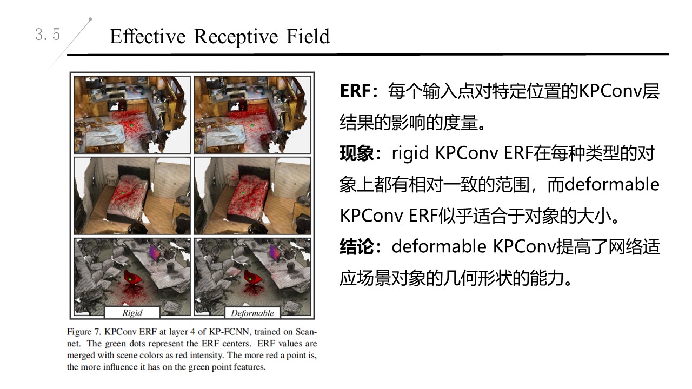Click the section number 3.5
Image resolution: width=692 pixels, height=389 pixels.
coord(48,35)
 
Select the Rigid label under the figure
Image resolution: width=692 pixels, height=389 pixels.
coord(132,313)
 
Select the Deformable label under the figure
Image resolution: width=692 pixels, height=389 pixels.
coord(252,313)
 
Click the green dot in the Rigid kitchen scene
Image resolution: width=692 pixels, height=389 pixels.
coord(131,126)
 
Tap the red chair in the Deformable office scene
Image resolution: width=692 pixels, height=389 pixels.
coord(252,278)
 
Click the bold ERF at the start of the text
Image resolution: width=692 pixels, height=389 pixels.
coord(354,91)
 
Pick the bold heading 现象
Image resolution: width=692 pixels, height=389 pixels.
coord(357,153)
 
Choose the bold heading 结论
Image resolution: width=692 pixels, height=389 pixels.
coord(357,247)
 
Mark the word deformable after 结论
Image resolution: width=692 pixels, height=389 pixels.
coord(439,247)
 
